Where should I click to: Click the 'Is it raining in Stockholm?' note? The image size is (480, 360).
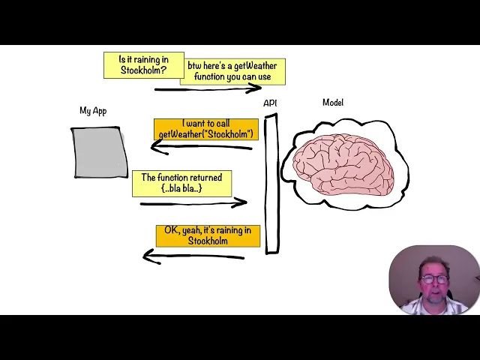tap(143, 65)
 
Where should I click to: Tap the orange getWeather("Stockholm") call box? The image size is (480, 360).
tap(206, 129)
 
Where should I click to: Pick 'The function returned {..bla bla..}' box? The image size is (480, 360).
tap(181, 183)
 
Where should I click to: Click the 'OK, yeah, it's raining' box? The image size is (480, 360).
tap(208, 235)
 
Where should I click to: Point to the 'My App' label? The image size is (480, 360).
tap(93, 111)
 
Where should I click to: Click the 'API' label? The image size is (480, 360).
tap(270, 103)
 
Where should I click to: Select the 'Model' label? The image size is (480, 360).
tap(333, 103)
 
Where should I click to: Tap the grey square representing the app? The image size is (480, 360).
tap(100, 152)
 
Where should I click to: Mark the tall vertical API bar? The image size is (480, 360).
tap(271, 184)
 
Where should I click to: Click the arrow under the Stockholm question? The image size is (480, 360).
tap(207, 89)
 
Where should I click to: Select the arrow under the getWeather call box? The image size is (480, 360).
tap(201, 147)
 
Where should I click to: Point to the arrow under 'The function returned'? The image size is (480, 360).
tap(193, 202)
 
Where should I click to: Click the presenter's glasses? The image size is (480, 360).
tap(434, 280)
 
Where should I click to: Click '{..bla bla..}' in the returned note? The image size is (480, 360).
tap(181, 188)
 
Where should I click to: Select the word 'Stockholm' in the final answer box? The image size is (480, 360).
tap(208, 241)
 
